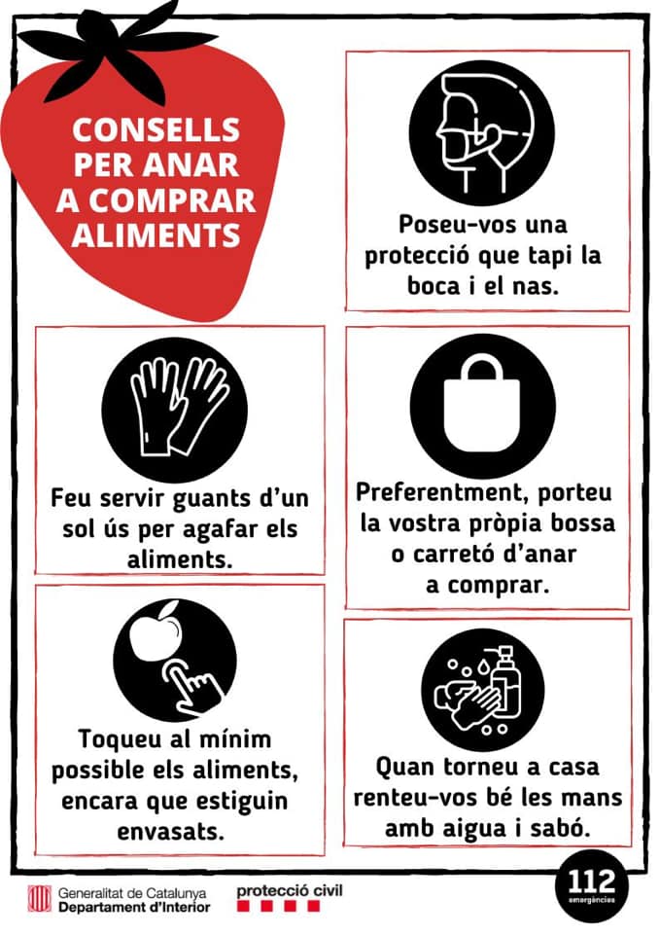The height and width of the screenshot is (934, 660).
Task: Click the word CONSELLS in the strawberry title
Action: coord(156,128)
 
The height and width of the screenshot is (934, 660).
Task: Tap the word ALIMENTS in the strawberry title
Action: coord(156,234)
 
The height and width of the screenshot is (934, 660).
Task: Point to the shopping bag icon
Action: coord(482,403)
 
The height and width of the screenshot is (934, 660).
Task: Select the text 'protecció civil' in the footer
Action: coord(290,889)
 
